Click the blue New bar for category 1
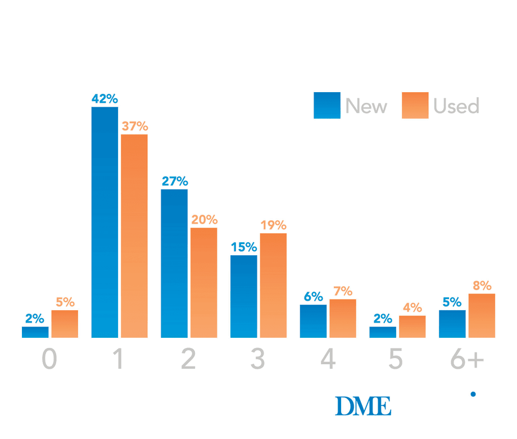[105, 222]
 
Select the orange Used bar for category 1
[134, 236]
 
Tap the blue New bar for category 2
[174, 264]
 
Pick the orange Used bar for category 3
[273, 286]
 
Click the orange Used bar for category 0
[65, 324]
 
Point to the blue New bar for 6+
[452, 324]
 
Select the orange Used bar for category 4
[343, 318]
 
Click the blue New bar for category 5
[383, 332]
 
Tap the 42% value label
[105, 98]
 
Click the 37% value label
[134, 126]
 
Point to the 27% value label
[175, 181]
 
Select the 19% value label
[273, 225]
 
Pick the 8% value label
[482, 286]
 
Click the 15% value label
[244, 247]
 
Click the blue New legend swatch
[326, 105]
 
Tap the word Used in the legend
[456, 106]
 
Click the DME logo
[363, 406]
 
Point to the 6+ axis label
[467, 359]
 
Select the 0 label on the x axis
[49, 359]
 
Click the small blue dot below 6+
[473, 394]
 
